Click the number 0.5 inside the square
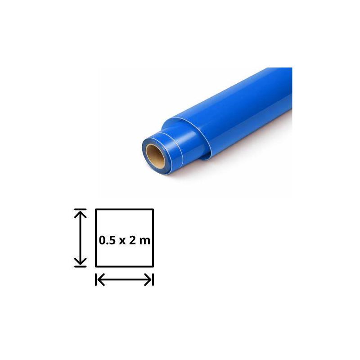click(x=107, y=240)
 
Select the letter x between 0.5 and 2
click(x=122, y=241)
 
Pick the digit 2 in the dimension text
click(x=132, y=240)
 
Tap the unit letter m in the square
click(x=144, y=241)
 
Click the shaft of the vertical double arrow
click(x=81, y=238)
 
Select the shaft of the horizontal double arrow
click(x=125, y=279)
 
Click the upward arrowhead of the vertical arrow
click(x=81, y=215)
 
